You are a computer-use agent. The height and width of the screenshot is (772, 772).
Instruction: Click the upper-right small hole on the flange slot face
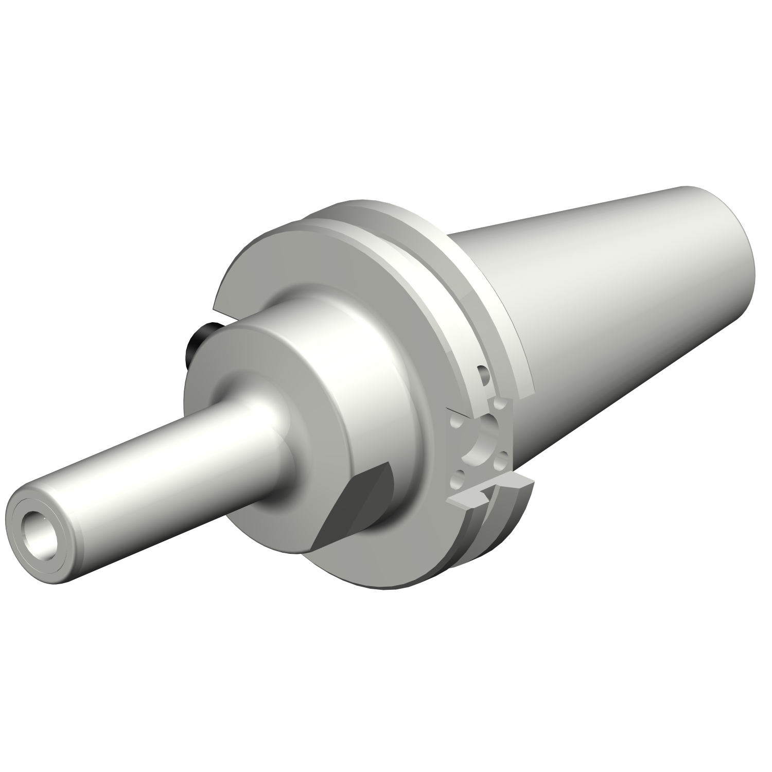point(498,404)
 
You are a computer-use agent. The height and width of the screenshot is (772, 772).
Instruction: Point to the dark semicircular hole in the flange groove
point(482,375)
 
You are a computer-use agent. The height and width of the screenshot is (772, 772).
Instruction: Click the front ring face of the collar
point(216,360)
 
